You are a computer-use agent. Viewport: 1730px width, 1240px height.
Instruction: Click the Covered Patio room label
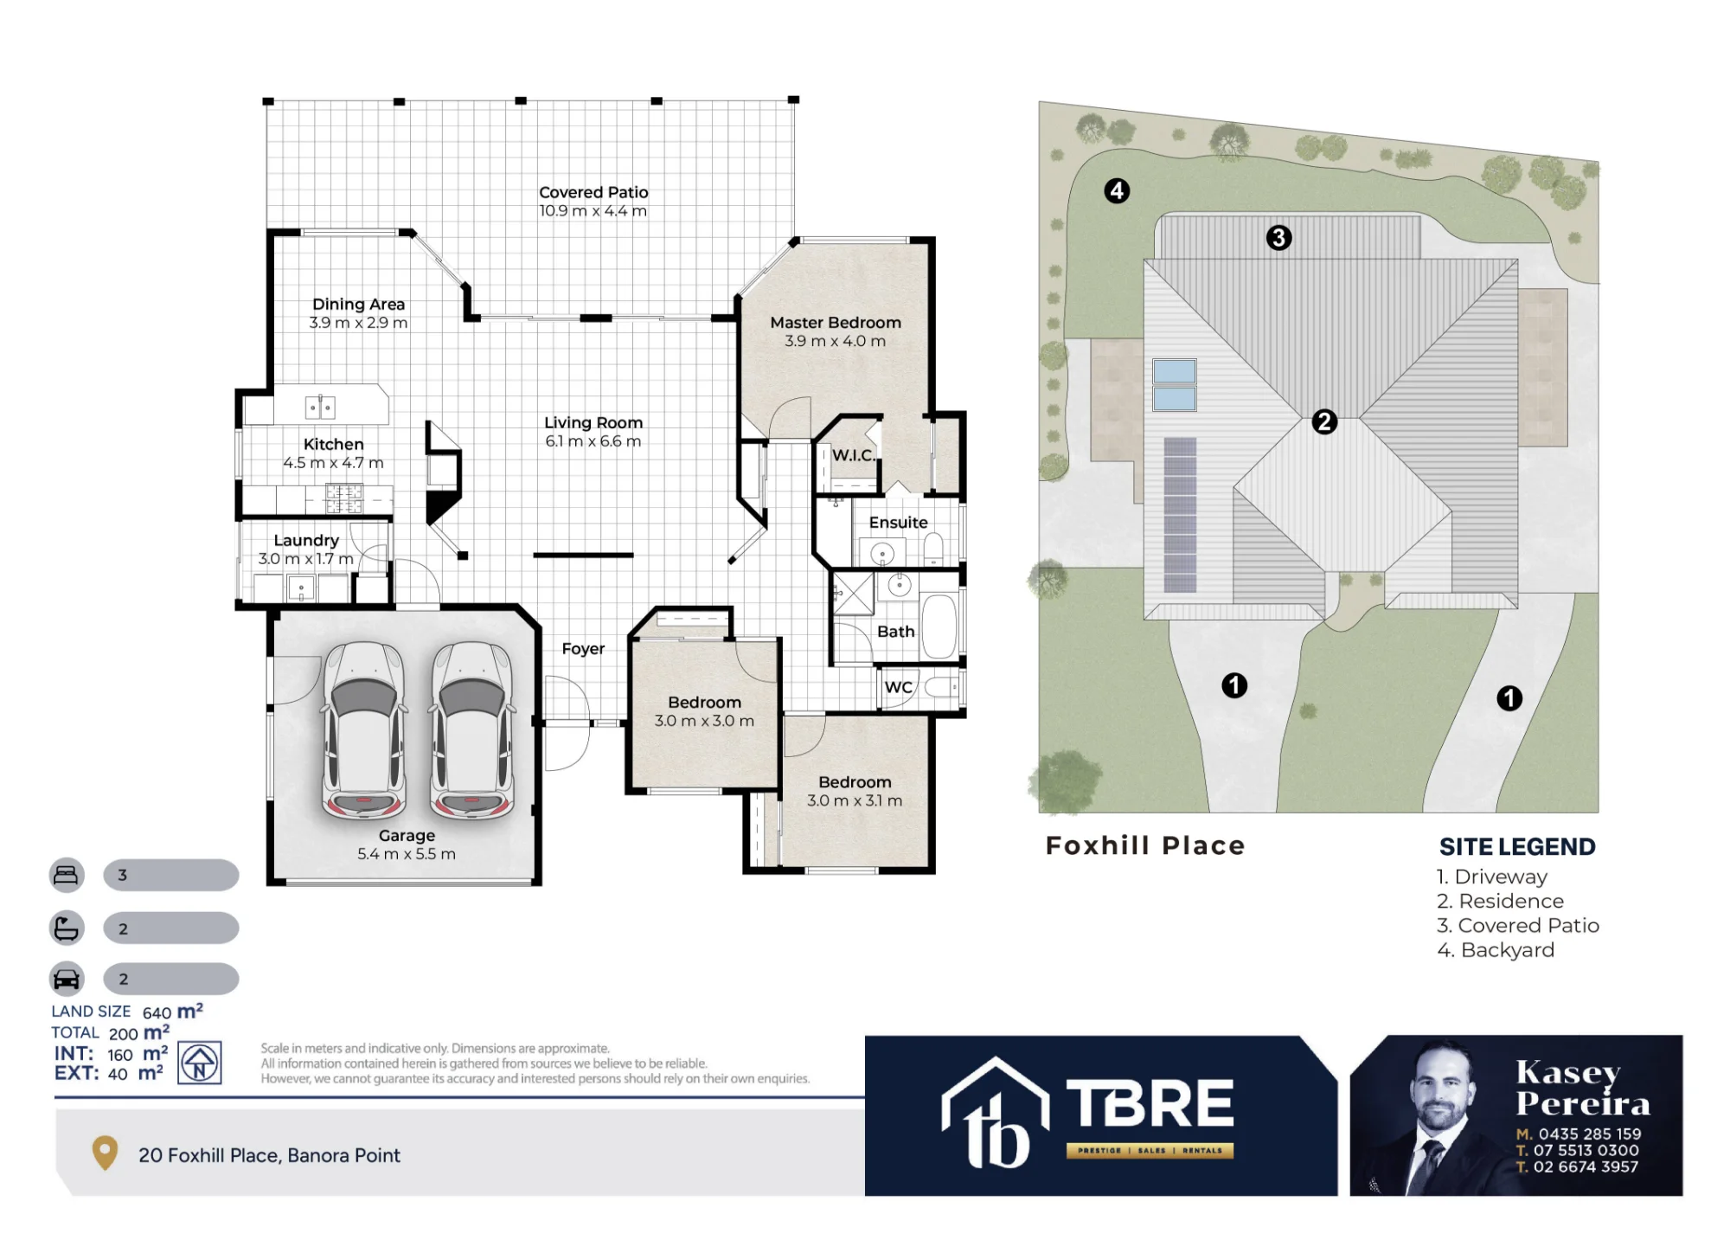click(593, 192)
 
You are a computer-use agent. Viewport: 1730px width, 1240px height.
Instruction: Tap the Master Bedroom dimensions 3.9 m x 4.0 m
click(835, 341)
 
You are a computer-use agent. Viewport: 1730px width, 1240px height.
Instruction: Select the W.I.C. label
click(853, 455)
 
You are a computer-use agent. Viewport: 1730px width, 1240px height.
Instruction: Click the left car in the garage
click(364, 730)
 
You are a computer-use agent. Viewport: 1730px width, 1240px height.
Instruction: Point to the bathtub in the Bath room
click(939, 625)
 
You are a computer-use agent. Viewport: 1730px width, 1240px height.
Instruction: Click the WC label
click(898, 687)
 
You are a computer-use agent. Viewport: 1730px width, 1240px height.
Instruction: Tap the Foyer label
click(583, 649)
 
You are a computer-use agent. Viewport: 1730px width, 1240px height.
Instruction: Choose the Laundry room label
click(306, 540)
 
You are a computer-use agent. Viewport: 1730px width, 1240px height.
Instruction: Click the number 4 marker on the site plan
click(1117, 190)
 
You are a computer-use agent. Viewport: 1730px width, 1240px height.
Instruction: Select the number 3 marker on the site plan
click(1278, 237)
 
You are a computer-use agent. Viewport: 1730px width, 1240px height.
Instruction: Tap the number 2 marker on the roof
click(1324, 421)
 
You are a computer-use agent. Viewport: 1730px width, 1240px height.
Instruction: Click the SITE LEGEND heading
click(1517, 846)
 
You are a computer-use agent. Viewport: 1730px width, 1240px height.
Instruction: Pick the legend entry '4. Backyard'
click(1496, 950)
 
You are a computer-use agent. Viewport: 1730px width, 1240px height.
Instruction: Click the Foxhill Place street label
click(1145, 845)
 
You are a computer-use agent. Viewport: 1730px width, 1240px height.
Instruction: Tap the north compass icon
click(200, 1063)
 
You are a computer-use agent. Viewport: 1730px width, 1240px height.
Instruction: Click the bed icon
click(67, 875)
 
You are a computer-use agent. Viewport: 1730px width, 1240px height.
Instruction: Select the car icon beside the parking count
click(67, 979)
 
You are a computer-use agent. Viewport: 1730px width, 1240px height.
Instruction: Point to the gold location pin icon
click(105, 1153)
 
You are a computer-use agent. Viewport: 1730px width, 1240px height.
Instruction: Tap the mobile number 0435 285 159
click(1590, 1134)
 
